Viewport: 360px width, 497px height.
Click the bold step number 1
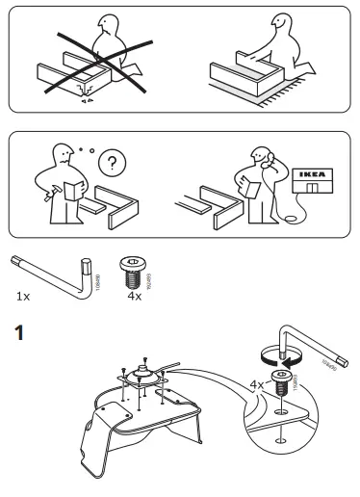click(13, 336)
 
